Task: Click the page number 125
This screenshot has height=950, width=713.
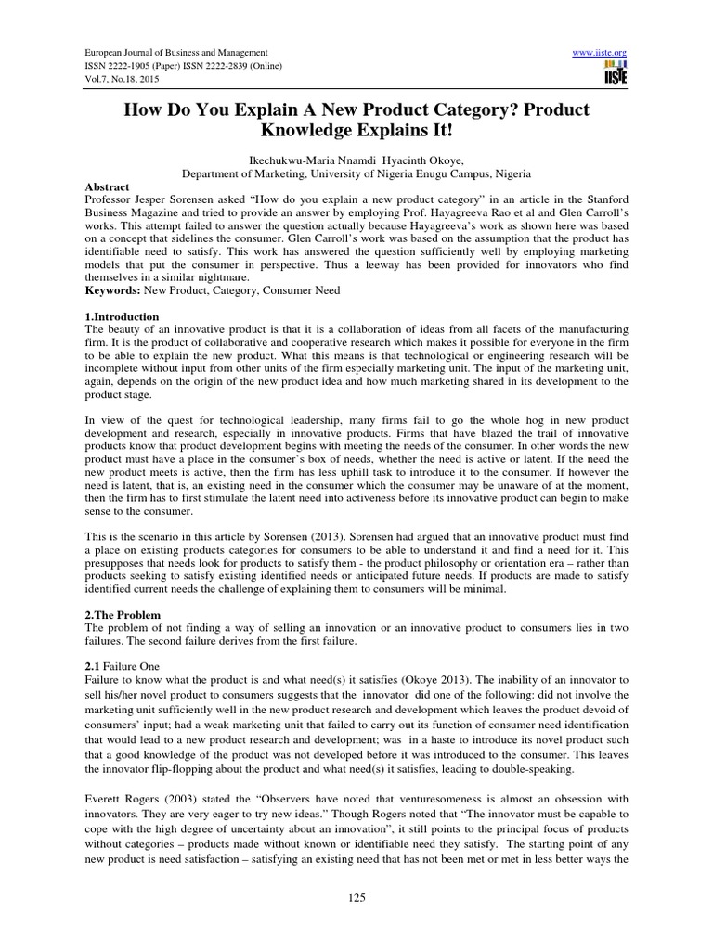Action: click(356, 898)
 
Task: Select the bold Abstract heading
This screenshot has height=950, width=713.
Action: click(105, 185)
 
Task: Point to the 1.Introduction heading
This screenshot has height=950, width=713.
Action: click(122, 317)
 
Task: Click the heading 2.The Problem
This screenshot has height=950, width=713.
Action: click(123, 614)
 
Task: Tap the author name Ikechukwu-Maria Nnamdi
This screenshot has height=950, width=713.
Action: click(317, 159)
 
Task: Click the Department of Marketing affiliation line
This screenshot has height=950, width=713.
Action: click(356, 172)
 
